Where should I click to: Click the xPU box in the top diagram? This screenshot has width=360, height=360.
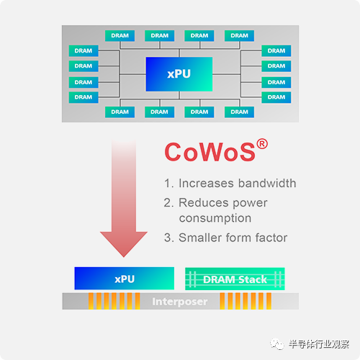tap(179, 74)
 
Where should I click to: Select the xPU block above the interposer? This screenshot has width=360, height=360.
tap(125, 279)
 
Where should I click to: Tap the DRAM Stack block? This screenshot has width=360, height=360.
tap(235, 279)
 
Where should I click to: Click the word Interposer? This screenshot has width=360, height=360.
tap(180, 302)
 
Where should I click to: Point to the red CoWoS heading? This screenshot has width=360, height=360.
tap(210, 152)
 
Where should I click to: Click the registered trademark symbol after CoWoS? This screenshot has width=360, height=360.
tap(262, 144)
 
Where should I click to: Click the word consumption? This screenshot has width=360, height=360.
tap(215, 218)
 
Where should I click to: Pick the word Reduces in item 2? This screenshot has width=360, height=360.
tap(203, 202)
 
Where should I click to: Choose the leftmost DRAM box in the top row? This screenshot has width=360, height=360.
tap(120, 36)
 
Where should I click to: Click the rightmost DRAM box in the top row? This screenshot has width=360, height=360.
tap(239, 36)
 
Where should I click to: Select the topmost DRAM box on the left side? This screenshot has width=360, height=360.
tap(84, 50)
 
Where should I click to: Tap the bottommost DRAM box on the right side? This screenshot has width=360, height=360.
tap(276, 97)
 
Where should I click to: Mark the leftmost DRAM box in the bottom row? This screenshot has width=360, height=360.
tap(120, 112)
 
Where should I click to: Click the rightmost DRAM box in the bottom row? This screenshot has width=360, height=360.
tap(239, 112)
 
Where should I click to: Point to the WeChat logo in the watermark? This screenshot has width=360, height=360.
tap(277, 344)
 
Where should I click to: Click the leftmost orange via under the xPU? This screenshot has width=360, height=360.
tap(91, 301)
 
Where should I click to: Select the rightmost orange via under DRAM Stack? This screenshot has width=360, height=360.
tap(269, 301)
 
